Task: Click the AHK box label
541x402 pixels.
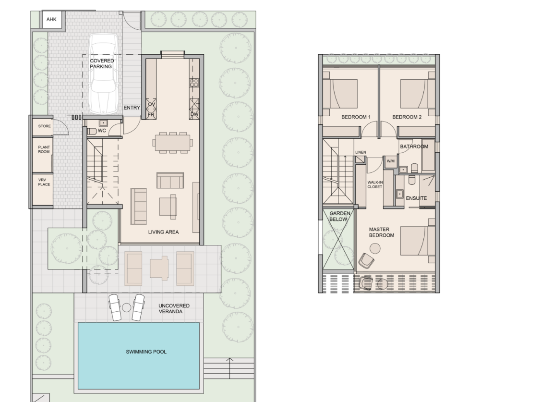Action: point(51,20)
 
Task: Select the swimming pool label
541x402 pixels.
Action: point(146,352)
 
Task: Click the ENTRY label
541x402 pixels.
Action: point(132,108)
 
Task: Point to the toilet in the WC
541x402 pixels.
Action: point(92,131)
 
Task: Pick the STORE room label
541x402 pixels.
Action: point(44,126)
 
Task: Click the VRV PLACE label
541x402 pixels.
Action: point(44,182)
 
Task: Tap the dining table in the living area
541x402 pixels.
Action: point(173,142)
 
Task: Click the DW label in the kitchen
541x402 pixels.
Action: point(194,114)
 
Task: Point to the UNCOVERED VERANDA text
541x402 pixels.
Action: point(174,308)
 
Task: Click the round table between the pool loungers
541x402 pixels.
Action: point(126,307)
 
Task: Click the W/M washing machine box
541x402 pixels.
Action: point(390,161)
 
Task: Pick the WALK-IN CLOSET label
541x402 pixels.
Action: point(374,184)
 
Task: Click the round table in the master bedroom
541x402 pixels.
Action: point(374,248)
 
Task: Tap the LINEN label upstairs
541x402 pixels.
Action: point(361,152)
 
